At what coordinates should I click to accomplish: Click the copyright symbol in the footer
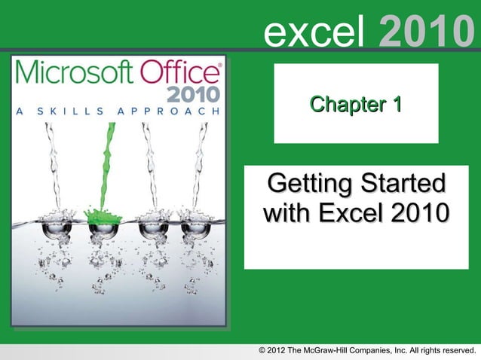(x=262, y=350)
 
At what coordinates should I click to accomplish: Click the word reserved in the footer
(x=454, y=350)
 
